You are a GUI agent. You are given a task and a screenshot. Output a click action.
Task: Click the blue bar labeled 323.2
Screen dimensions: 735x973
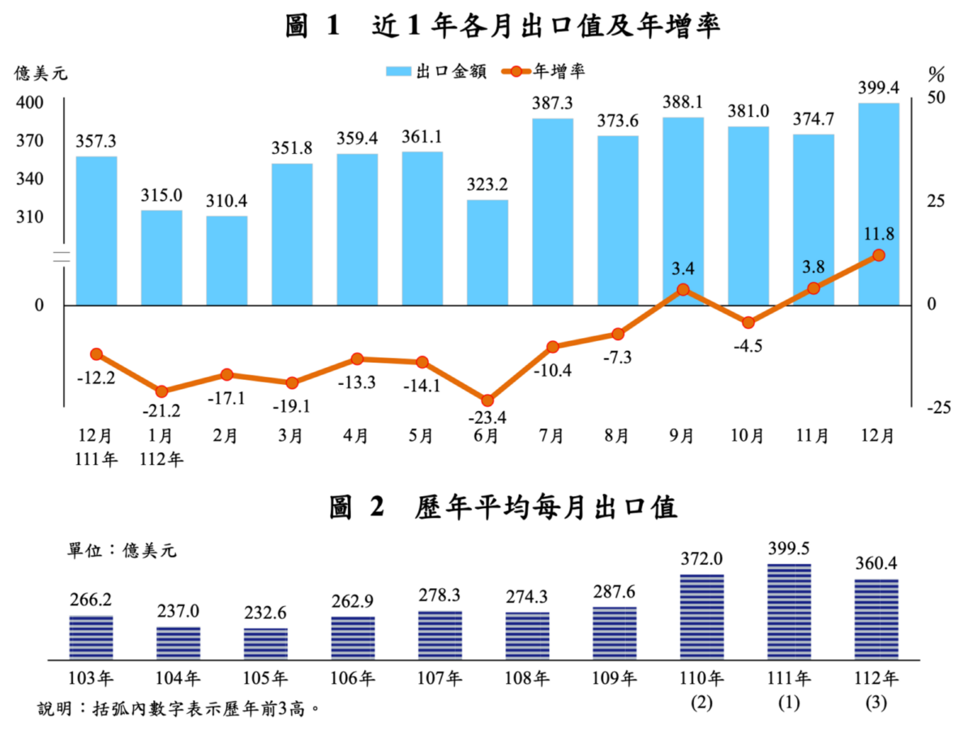point(487,252)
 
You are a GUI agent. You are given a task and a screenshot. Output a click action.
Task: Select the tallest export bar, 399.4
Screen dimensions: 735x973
point(878,203)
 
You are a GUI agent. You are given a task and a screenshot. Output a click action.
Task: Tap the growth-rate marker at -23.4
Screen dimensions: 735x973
point(487,400)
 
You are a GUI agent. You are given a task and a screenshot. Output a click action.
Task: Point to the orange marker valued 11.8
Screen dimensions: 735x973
point(878,255)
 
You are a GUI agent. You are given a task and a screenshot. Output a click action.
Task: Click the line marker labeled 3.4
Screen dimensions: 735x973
point(683,289)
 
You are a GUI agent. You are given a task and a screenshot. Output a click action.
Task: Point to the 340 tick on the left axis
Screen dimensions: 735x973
point(30,179)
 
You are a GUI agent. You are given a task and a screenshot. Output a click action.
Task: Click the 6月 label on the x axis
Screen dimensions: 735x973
point(486,436)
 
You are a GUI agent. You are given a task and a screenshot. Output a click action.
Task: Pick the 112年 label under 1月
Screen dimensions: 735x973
point(161,459)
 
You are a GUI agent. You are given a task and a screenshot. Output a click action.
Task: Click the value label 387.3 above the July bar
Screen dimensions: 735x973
point(552,104)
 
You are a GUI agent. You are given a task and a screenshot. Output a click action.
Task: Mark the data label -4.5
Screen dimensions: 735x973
point(748,346)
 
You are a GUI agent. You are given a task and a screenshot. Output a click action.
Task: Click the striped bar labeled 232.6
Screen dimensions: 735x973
point(266,642)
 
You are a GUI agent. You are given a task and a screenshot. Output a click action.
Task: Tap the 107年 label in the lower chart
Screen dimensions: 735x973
point(440,677)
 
